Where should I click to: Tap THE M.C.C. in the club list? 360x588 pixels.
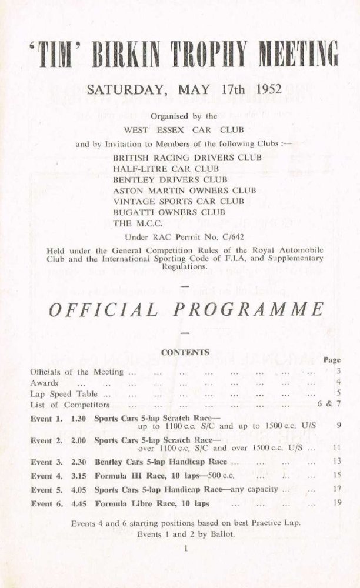pos(136,222)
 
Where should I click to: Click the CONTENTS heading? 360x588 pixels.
pos(185,352)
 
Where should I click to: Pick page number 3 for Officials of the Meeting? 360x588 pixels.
pos(339,372)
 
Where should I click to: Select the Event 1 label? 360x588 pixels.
pos(45,418)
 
